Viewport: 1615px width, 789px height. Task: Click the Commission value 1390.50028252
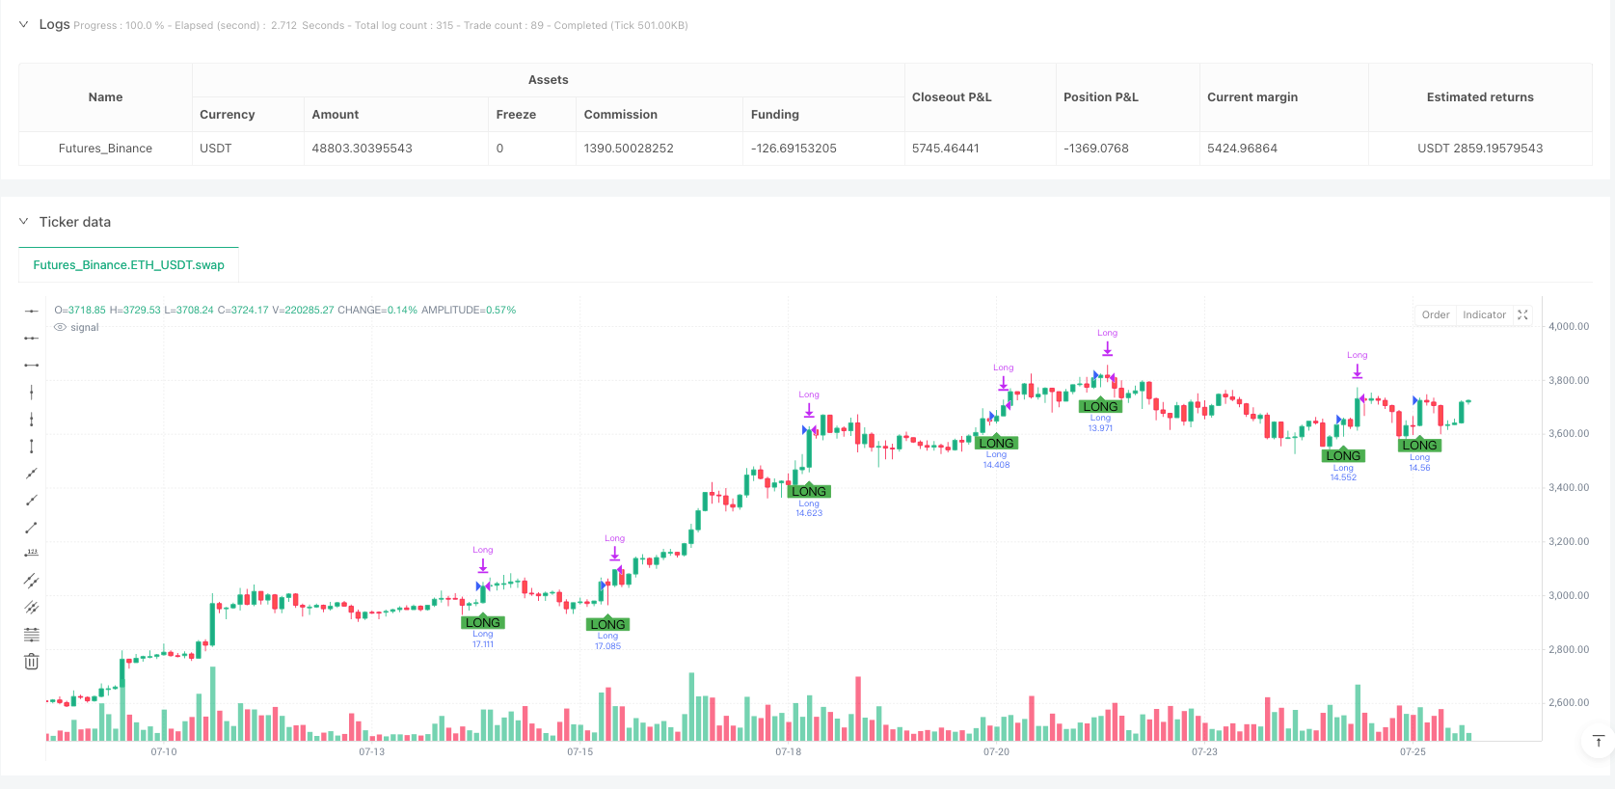(629, 149)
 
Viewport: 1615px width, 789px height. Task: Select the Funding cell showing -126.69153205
(794, 149)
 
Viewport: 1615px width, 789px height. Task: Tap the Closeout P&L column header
(952, 97)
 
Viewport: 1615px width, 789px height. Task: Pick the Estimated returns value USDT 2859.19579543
(1480, 149)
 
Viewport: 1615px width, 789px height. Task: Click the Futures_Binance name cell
(105, 149)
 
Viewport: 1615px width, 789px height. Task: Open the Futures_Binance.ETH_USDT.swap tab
(128, 265)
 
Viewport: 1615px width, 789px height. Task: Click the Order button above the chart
(1435, 315)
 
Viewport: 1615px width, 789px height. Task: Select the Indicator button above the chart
(1484, 315)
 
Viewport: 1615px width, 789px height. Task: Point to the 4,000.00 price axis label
(1569, 327)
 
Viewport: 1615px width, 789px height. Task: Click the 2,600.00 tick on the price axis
(1569, 703)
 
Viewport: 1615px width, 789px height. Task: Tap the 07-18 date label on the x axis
(788, 752)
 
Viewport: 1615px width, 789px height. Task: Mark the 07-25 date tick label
(1413, 752)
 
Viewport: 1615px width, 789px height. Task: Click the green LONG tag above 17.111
(482, 623)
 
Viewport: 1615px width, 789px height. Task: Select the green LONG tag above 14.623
(809, 492)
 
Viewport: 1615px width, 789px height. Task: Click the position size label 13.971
(1100, 428)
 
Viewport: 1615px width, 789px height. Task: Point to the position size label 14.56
(1419, 468)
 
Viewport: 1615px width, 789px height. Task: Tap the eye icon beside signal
(61, 328)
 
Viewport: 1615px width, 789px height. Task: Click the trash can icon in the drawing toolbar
(32, 662)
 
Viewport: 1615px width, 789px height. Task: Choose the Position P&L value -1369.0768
(1095, 149)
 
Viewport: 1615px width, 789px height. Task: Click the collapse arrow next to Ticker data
(24, 222)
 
